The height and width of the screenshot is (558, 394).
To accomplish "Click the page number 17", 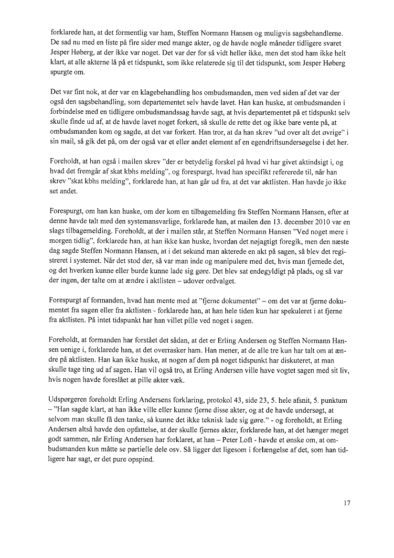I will (x=347, y=503).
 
